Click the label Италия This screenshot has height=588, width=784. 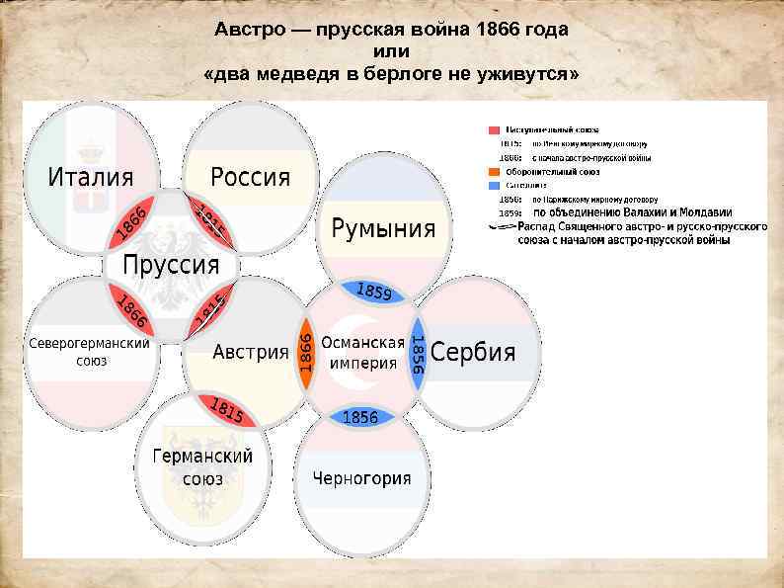tap(91, 178)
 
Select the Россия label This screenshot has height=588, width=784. tap(251, 177)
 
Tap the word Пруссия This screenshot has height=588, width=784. tap(171, 265)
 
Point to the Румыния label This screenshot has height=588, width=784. tap(383, 228)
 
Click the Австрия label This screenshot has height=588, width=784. tap(250, 352)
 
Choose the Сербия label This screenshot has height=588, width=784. tap(473, 353)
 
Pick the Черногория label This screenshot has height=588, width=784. tap(361, 479)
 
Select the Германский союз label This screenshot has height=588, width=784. tap(202, 467)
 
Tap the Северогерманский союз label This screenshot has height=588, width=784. tap(88, 352)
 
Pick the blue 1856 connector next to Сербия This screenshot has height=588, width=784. tap(418, 353)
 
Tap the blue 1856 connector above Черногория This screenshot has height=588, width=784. tap(360, 417)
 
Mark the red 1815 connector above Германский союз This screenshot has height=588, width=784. tap(225, 410)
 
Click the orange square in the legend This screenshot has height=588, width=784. tap(493, 171)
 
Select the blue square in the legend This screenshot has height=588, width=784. tap(493, 185)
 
